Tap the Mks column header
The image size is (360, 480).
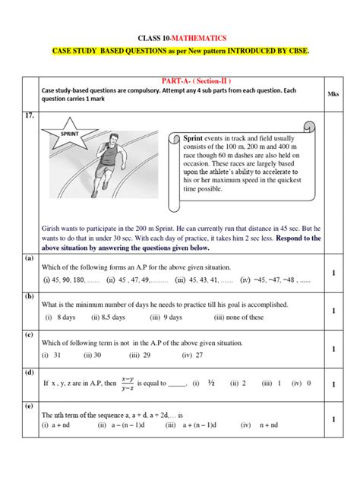click(333, 95)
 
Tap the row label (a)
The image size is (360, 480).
click(29, 257)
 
